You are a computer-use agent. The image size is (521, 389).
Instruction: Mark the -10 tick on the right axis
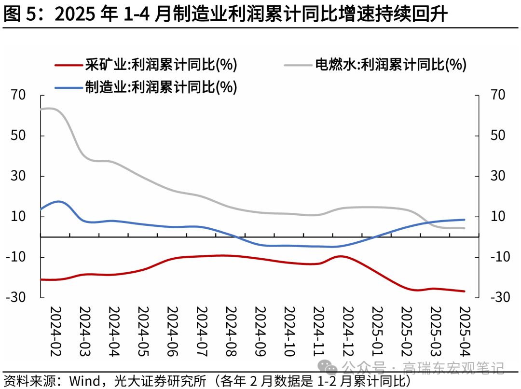pyautogui.click(x=500, y=257)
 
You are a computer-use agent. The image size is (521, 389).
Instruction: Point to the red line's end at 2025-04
pyautogui.click(x=464, y=291)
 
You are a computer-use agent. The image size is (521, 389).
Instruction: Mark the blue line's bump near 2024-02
pyautogui.click(x=59, y=201)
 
